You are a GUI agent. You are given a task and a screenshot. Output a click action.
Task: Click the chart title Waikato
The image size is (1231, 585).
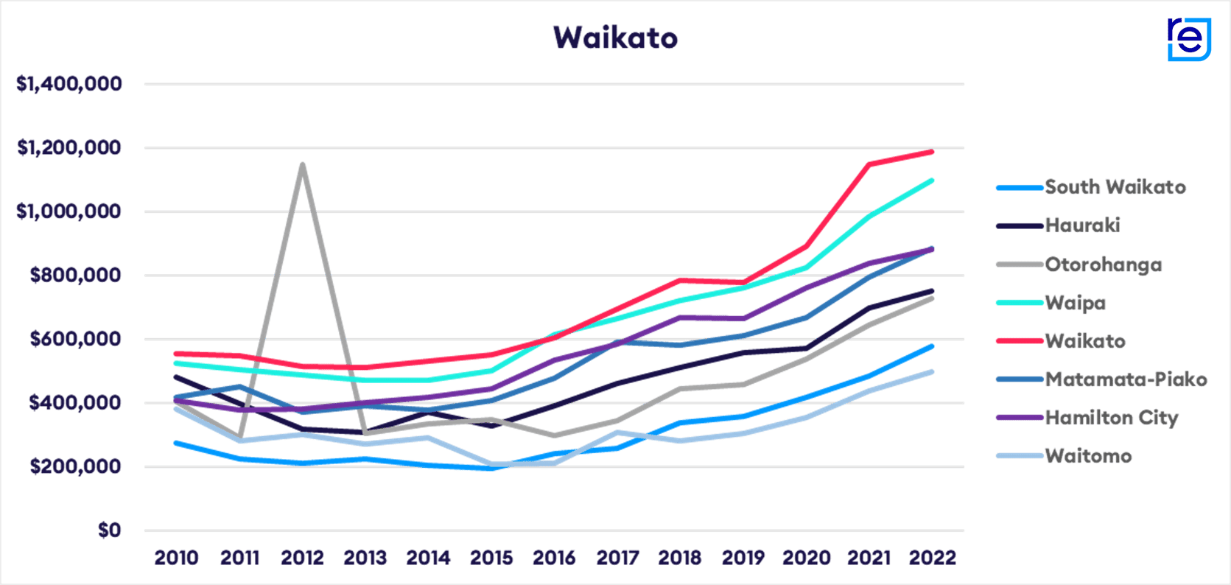[x=615, y=38]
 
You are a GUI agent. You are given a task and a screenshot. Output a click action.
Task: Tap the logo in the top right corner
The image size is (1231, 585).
[x=1189, y=39]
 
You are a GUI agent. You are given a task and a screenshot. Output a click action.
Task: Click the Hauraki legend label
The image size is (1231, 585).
[x=1082, y=225]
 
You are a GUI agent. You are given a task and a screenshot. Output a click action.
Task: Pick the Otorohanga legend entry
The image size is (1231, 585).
[x=1103, y=265]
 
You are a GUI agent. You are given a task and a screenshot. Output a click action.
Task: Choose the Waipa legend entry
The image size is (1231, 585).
[x=1075, y=303]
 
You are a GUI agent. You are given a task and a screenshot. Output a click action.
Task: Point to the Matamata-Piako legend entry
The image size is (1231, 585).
[x=1126, y=379]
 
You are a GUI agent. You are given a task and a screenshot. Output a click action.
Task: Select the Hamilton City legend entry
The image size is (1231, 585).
[x=1111, y=418]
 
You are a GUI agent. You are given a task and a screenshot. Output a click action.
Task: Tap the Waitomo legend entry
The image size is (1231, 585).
[x=1087, y=456]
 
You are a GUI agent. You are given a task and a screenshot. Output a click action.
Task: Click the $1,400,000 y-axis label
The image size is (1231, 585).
[x=69, y=84]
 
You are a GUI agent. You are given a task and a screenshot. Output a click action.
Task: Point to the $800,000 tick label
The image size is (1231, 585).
[x=75, y=276]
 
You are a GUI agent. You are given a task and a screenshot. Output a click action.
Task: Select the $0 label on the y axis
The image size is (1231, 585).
[x=109, y=530]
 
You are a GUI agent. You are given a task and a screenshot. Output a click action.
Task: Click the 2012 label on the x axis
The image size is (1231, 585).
[x=302, y=558]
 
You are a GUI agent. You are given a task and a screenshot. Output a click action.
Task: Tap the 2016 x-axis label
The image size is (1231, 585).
[x=554, y=558]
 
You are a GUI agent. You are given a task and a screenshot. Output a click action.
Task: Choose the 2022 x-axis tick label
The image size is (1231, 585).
[x=932, y=558]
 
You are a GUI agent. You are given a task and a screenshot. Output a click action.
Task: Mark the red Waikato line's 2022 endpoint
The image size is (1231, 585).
[x=933, y=152]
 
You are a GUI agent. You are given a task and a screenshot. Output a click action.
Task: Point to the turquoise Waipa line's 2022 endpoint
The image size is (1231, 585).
[x=933, y=180]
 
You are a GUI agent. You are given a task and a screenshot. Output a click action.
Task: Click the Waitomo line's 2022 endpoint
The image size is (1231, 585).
[x=933, y=372]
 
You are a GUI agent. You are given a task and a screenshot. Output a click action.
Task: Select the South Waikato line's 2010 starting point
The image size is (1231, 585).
[x=175, y=443]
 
